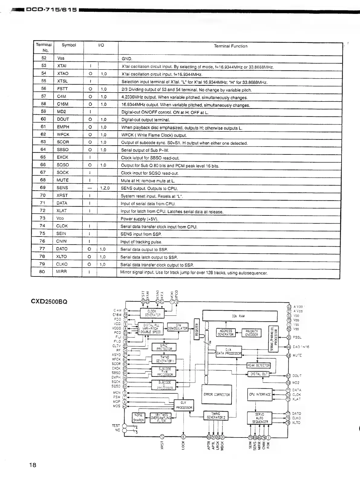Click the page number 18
click(x=33, y=465)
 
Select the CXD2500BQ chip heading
click(x=49, y=302)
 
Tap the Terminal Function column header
click(x=230, y=46)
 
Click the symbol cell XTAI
click(x=62, y=66)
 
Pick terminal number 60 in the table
click(x=43, y=119)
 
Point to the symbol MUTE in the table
click(x=63, y=180)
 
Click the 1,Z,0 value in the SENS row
click(x=105, y=188)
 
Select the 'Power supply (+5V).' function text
click(x=139, y=219)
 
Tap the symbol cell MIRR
click(x=61, y=272)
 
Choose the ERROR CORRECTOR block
click(x=217, y=395)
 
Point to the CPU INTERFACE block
click(x=260, y=394)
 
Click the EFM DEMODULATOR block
click(x=178, y=327)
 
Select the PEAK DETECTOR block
click(x=258, y=365)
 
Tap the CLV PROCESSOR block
click(x=184, y=405)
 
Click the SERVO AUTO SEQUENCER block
click(x=260, y=418)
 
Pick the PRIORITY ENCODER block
click(x=251, y=333)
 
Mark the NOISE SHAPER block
click(x=138, y=418)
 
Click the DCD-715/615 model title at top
click(x=51, y=10)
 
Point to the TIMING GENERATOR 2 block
click(x=216, y=416)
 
